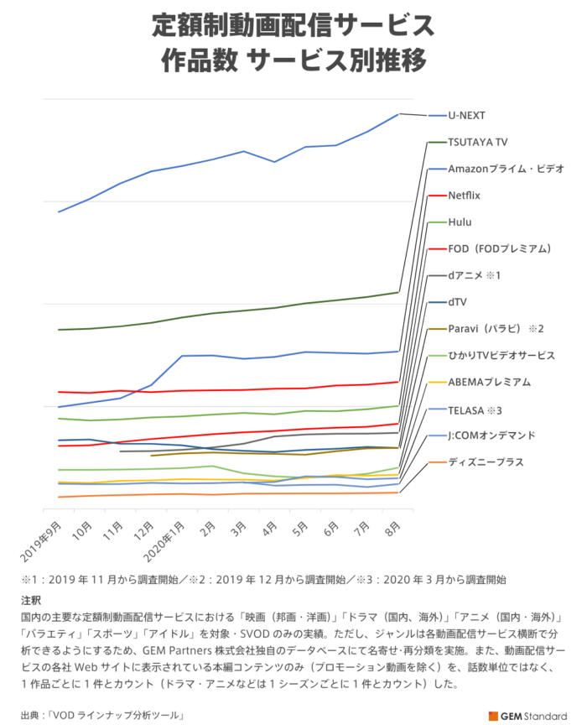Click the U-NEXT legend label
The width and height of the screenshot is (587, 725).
tap(468, 115)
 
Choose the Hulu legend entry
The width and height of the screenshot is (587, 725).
tap(460, 222)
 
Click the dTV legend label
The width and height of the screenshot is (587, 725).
tap(458, 301)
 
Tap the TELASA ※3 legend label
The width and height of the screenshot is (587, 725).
tap(475, 409)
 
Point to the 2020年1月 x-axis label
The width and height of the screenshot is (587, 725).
tap(168, 541)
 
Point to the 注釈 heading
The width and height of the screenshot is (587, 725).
tap(31, 601)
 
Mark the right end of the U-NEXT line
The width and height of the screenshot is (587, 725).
tap(398, 113)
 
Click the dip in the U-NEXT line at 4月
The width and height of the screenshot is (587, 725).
tap(274, 162)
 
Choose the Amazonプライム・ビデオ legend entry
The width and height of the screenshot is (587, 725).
tap(505, 168)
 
